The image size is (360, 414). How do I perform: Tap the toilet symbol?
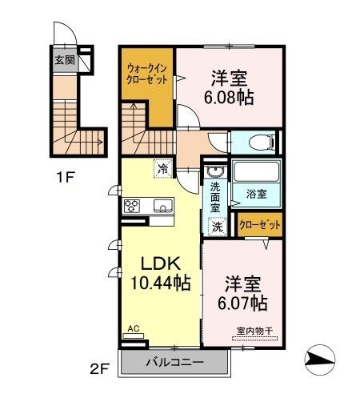click(258, 143)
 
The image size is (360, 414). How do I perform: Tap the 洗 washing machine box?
click(216, 226)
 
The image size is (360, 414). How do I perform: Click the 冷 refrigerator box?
click(163, 169)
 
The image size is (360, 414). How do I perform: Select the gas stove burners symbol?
click(132, 206)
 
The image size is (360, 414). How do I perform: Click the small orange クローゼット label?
click(260, 225)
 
